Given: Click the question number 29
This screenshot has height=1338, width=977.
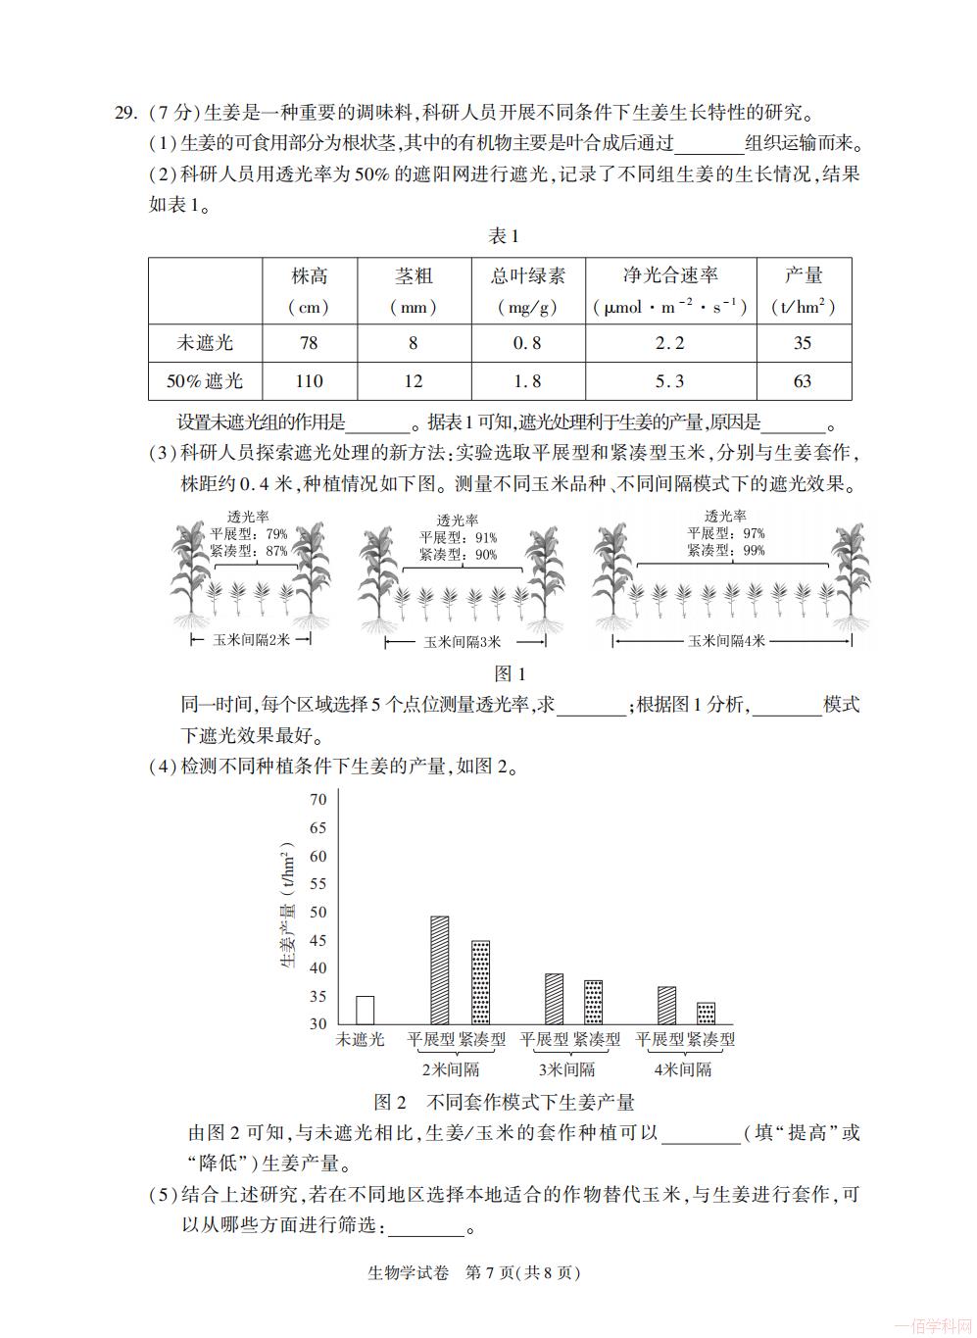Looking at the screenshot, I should pos(125,113).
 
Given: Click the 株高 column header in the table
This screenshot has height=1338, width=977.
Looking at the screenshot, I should pos(309,276).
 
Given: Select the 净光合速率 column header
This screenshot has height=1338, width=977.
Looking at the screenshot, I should pos(670,276).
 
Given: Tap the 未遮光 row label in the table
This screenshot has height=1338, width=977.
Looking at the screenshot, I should pos(205,343).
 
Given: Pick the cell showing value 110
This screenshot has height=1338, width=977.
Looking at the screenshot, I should pos(309,381).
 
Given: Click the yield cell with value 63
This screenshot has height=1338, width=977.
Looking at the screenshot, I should pos(802,381).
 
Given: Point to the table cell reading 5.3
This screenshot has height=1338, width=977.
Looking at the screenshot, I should pos(670,381).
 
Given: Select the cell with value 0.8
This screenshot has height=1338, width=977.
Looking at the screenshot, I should pos(527,343).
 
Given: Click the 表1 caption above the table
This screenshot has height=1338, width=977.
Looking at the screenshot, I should pos(503,236).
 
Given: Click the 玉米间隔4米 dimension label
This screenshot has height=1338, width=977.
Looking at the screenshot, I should pos(726,641).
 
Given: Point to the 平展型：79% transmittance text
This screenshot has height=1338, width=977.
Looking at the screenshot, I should pos(249,534).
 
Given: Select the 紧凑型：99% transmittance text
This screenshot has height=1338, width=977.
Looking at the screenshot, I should pos(726,551).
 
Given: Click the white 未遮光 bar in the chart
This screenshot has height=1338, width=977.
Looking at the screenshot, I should pos(365,1011).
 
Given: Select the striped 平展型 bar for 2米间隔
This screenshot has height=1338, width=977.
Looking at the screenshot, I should pos(440,970).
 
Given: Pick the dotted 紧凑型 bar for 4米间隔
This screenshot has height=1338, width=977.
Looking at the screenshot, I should pos(706,1014).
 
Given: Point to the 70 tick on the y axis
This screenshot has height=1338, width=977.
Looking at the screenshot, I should pos(318,800).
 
